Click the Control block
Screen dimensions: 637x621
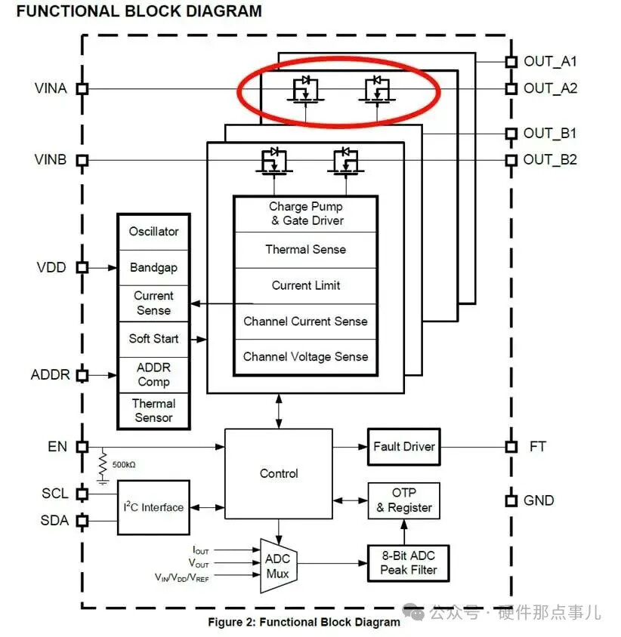[x=279, y=473]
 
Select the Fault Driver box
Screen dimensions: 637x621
[x=404, y=446]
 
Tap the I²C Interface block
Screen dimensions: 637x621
[x=154, y=507]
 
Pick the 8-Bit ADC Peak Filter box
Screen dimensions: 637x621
[x=408, y=562]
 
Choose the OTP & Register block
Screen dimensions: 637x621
[x=404, y=500]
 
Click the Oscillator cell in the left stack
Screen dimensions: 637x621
[x=153, y=232]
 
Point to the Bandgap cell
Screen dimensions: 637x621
[x=153, y=267]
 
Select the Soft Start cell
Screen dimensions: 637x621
[x=153, y=338]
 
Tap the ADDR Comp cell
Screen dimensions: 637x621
[x=153, y=374]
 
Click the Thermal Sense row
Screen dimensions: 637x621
[x=305, y=249]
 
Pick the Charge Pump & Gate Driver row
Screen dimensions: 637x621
[x=305, y=214]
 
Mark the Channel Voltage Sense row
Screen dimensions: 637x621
[x=305, y=356]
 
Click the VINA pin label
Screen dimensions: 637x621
[x=51, y=88]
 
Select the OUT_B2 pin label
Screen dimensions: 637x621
[x=550, y=160]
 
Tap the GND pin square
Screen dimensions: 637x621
[x=511, y=500]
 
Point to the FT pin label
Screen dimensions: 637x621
[x=536, y=446]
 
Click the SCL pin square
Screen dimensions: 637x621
[x=82, y=494]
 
